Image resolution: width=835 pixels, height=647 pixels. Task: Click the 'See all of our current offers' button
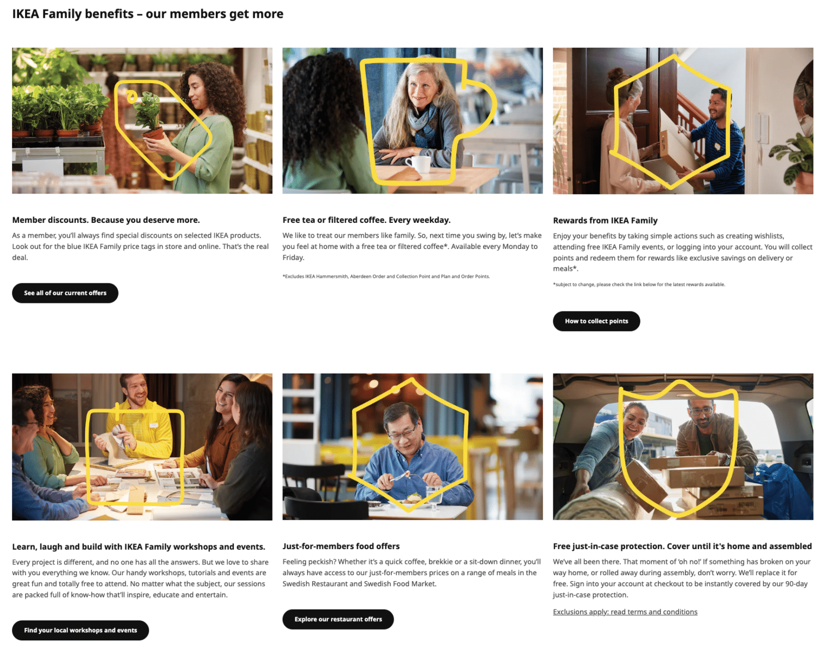tap(65, 293)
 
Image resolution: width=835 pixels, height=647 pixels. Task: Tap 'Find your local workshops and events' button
tap(80, 630)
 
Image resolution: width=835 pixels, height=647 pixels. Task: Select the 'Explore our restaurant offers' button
tap(338, 619)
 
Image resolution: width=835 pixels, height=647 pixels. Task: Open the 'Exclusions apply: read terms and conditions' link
tap(625, 612)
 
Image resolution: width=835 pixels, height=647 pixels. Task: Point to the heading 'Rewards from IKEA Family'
tap(605, 220)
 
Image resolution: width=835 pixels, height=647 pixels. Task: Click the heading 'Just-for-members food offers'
tap(341, 546)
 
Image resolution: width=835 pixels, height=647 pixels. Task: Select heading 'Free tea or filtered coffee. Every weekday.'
tap(366, 220)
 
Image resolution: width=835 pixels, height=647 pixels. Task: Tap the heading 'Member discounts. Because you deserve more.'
tap(106, 220)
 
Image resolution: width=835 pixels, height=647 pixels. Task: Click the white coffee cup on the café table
tap(419, 163)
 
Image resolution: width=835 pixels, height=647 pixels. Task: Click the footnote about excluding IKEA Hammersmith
tap(386, 276)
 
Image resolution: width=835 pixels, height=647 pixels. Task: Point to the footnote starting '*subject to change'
tap(639, 284)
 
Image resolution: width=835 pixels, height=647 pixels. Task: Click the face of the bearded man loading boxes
tap(702, 415)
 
